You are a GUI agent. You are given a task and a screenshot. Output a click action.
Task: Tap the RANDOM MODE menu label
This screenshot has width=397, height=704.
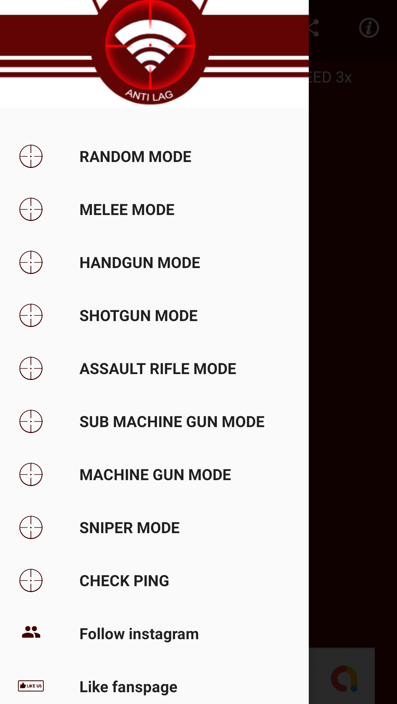tap(135, 157)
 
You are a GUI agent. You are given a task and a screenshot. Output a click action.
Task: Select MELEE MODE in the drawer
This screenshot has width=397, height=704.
tap(127, 210)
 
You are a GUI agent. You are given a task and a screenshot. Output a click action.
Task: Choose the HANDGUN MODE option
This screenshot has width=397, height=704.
tap(140, 263)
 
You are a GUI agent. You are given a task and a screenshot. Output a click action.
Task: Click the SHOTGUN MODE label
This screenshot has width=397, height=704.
tap(139, 316)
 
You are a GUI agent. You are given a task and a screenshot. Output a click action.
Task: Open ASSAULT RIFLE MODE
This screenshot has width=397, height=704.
tap(158, 369)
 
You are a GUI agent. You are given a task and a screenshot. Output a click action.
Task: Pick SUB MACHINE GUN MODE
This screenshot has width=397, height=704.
tap(172, 422)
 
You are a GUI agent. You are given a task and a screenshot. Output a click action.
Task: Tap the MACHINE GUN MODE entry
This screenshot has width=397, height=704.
tap(155, 475)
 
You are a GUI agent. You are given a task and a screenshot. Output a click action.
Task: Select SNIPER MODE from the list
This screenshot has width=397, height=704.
tap(129, 528)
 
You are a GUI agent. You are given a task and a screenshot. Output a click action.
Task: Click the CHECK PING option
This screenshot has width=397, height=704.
tap(124, 581)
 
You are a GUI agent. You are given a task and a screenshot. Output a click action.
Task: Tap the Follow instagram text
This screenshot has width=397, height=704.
tap(139, 634)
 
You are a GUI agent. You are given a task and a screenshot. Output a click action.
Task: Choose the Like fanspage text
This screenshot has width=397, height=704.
tap(128, 687)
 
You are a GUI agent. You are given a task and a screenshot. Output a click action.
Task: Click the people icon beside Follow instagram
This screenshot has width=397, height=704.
tap(31, 632)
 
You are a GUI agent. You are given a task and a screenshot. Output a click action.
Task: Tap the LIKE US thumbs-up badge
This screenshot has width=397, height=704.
tap(31, 686)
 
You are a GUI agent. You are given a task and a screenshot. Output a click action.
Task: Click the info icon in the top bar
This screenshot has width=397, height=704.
tap(369, 28)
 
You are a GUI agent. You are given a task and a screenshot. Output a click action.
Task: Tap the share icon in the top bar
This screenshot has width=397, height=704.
tap(314, 28)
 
